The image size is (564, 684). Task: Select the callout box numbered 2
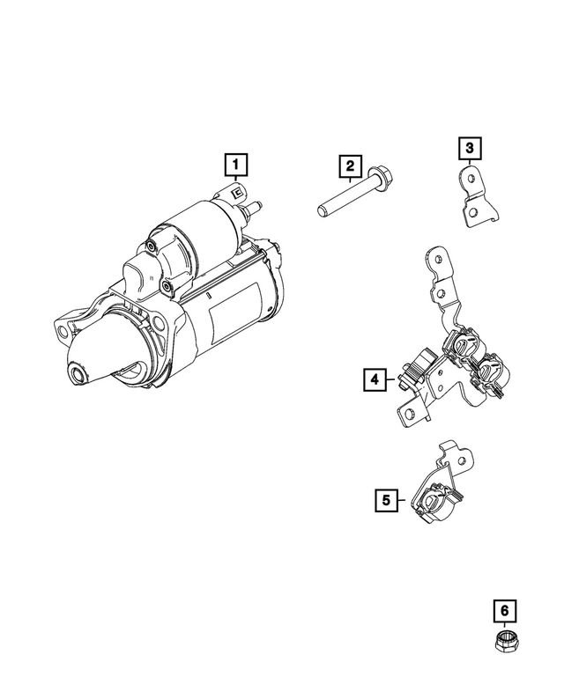[350, 165]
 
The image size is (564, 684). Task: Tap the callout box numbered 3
[470, 147]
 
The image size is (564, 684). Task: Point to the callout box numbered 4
[374, 379]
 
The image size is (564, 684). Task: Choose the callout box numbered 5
[385, 500]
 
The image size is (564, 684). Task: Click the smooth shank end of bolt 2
[323, 211]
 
